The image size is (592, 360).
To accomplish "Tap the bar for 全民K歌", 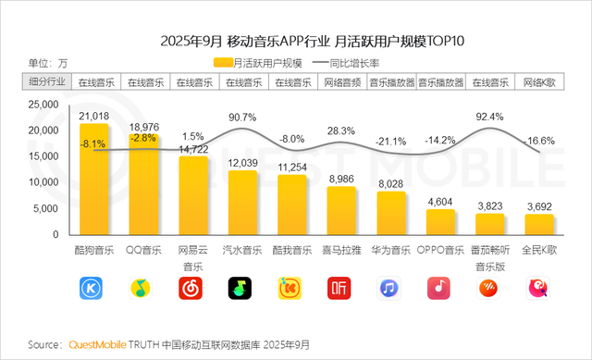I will tap(539, 228).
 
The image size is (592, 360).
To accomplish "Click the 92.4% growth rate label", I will tap(489, 117).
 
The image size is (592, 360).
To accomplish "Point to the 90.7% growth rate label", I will tap(242, 117).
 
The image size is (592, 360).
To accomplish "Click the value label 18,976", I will tap(143, 126).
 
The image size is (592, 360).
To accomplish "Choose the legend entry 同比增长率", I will tap(364, 64).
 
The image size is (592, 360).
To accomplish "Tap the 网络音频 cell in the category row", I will tap(341, 82).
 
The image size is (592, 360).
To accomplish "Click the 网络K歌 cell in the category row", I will tap(539, 82).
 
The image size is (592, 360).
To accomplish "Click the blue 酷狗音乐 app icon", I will tap(93, 289).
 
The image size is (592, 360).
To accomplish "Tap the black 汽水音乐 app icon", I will tap(242, 289).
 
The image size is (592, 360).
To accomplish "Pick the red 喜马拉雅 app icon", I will tap(341, 289).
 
